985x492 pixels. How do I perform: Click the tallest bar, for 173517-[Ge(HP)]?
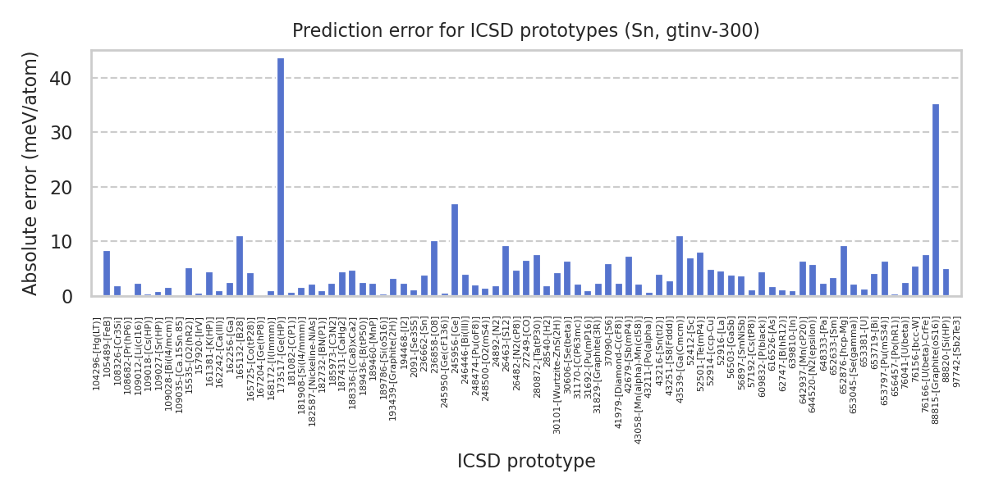click(x=281, y=176)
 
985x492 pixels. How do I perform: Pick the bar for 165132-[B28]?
click(x=240, y=266)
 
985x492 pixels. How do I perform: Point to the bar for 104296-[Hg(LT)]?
click(x=107, y=273)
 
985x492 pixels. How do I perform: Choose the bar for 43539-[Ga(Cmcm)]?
click(x=680, y=266)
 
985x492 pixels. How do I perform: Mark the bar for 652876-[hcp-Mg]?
click(x=844, y=271)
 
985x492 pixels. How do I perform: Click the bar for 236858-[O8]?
click(x=434, y=268)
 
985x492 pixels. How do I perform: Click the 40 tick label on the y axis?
click(x=65, y=79)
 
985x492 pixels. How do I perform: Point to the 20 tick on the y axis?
click(x=65, y=188)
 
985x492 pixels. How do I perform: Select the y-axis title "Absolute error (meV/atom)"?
click(x=31, y=173)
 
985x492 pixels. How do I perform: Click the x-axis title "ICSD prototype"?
click(x=526, y=461)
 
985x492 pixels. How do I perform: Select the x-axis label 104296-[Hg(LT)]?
click(x=97, y=353)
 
